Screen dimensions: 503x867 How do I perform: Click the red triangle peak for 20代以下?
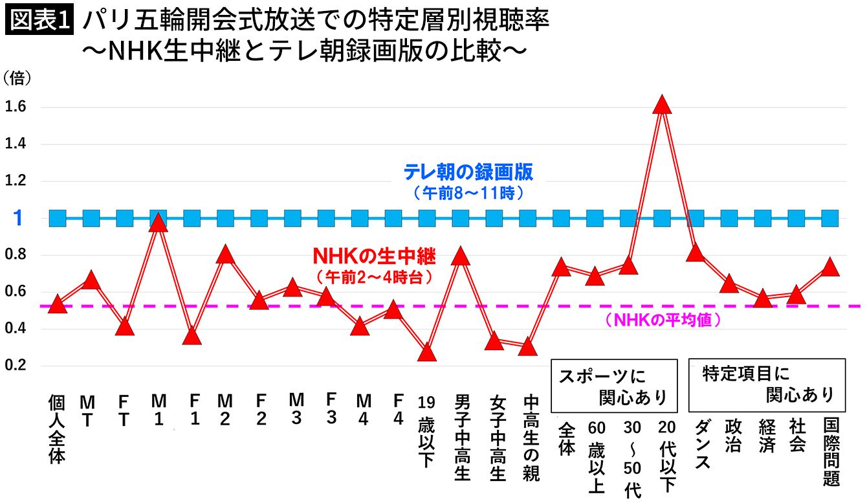662,105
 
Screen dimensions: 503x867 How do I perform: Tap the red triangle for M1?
159,223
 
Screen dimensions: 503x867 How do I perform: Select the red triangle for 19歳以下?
427,353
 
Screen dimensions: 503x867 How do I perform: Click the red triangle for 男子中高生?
461,256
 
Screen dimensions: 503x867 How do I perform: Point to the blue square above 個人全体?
58,218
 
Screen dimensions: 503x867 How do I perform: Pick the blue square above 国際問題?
830,218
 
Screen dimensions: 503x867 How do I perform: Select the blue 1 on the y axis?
18,218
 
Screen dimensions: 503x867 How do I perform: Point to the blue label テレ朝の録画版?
468,172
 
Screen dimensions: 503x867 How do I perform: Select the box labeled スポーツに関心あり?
614,386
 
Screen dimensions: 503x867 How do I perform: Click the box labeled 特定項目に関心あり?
767,385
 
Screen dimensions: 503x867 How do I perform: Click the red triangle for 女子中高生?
494,341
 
